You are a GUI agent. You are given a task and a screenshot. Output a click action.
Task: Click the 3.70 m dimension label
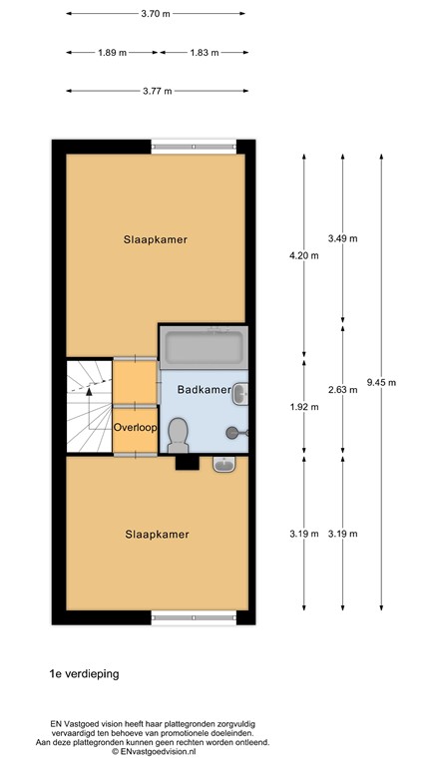[157, 14]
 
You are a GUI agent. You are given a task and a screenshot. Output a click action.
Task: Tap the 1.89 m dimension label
[112, 52]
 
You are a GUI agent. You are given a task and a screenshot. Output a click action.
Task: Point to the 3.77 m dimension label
[157, 90]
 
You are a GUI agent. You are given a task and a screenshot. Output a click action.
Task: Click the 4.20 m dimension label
[304, 256]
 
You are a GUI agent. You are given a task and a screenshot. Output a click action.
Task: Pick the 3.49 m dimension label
[342, 238]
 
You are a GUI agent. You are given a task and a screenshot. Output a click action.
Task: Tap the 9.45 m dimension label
[381, 382]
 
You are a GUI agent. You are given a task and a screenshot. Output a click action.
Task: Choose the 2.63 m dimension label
[342, 389]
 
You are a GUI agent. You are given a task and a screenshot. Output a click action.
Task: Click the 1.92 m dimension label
[304, 406]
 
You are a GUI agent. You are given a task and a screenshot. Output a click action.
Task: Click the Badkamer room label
[205, 390]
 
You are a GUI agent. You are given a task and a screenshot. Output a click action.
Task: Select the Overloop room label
[135, 428]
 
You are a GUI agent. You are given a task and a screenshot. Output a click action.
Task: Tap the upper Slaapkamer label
[157, 239]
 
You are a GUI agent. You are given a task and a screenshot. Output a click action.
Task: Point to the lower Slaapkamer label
[157, 534]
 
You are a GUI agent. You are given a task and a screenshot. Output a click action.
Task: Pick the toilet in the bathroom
[179, 432]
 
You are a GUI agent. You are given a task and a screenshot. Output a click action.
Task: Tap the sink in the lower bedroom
[225, 464]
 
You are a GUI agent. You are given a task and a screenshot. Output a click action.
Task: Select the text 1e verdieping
[84, 673]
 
